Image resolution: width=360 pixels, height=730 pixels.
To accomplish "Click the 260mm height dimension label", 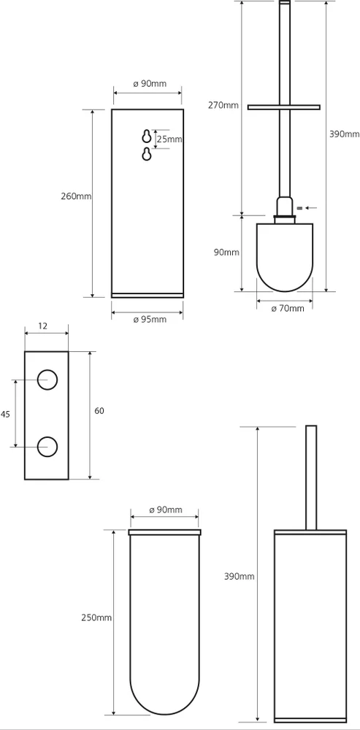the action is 76,196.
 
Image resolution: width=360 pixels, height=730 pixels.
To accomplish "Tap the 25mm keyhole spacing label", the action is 169,139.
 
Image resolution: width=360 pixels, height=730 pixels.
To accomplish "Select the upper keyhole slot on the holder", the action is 147,137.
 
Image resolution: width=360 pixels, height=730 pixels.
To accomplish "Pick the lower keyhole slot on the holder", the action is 147,154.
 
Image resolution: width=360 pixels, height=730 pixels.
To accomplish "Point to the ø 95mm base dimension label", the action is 150,320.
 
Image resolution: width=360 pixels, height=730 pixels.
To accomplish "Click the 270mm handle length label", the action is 223,104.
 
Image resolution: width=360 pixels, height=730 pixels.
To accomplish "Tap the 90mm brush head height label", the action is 226,253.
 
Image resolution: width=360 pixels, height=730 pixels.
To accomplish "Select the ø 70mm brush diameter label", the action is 288,308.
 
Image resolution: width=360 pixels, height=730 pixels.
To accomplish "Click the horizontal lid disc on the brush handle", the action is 284,107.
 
